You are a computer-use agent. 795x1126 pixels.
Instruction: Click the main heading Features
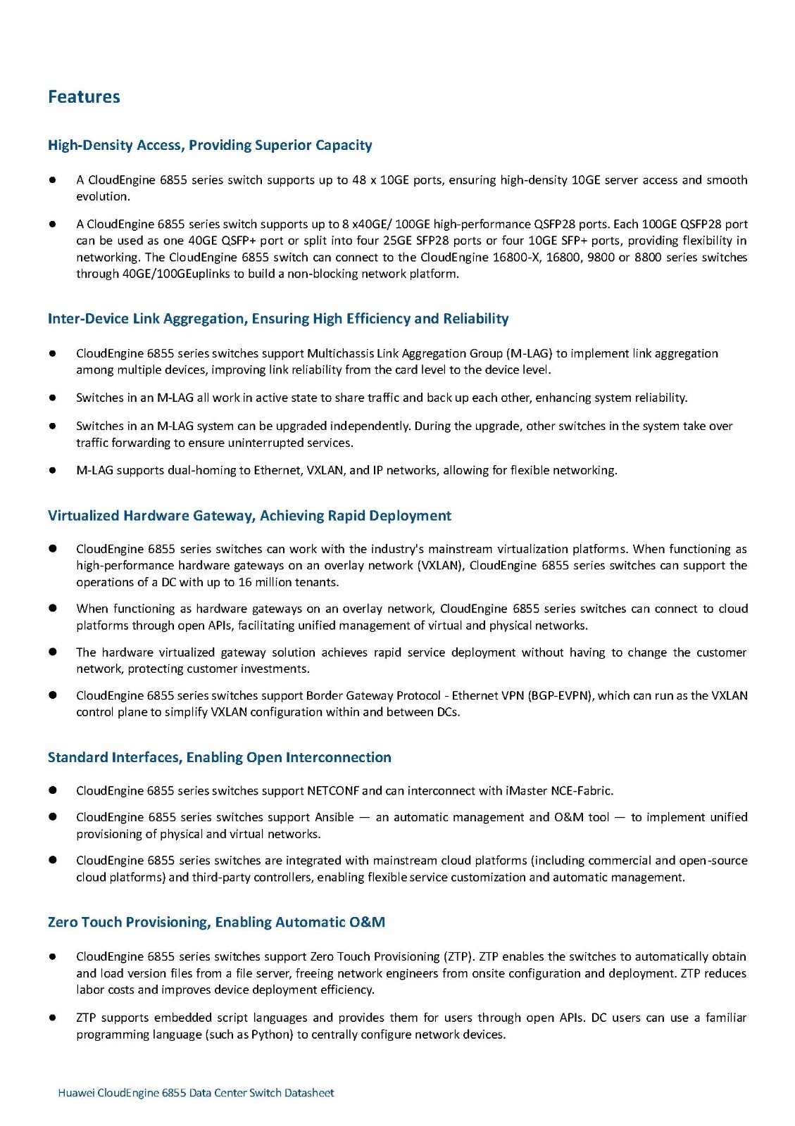click(84, 97)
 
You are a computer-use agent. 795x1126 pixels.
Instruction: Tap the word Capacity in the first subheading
click(344, 145)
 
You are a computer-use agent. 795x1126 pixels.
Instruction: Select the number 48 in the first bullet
click(359, 180)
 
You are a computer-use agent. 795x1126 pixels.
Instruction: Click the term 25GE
click(397, 241)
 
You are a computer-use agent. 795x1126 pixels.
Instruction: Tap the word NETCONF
click(333, 791)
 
